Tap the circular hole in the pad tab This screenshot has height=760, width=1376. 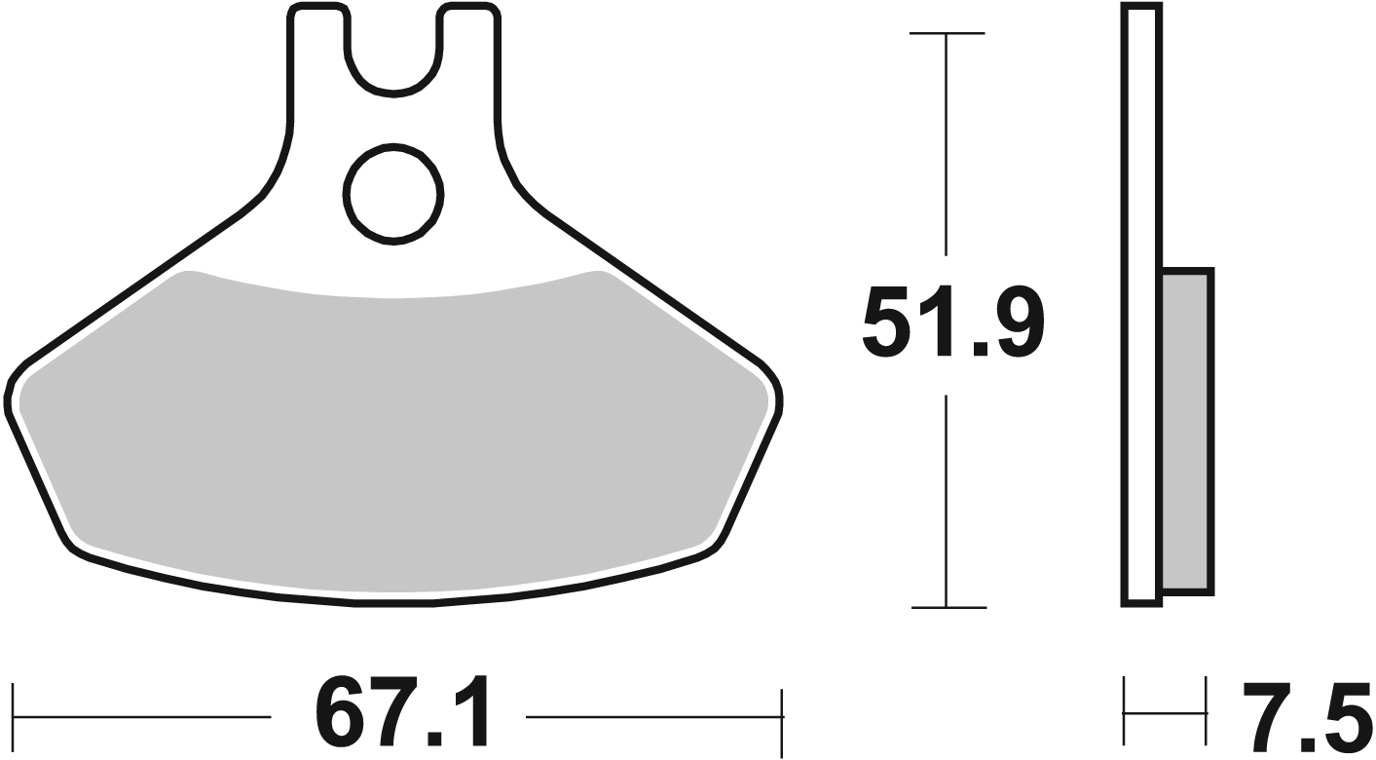click(394, 193)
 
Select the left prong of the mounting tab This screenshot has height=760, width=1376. click(318, 58)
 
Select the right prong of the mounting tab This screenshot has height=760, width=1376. click(470, 58)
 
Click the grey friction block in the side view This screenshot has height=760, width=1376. click(1186, 431)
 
